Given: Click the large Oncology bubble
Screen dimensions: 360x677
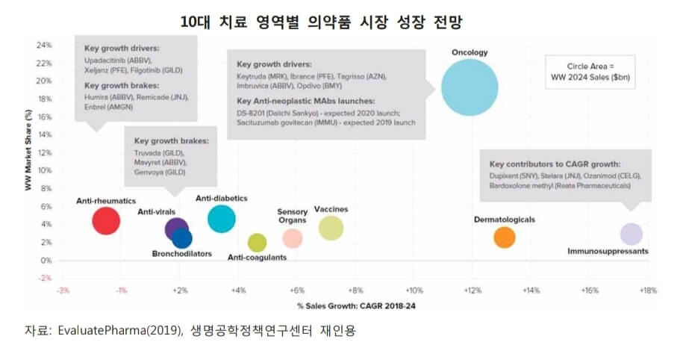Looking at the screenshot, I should [469, 87].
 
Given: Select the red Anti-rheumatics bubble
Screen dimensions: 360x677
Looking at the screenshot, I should [107, 220].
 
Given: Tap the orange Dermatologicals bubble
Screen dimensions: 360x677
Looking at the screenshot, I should [505, 238].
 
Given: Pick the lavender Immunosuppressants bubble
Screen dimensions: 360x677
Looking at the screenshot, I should [631, 234].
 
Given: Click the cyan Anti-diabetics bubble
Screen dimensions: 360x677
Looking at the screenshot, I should [222, 219].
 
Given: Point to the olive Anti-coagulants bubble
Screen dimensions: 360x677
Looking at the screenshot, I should [257, 242].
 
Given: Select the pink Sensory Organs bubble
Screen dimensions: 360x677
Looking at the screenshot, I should [293, 238].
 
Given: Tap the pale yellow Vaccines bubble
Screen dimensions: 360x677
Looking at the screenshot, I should [331, 228].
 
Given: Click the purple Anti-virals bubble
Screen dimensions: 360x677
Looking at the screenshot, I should [176, 229].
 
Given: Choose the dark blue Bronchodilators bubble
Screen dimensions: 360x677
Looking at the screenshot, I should [182, 238].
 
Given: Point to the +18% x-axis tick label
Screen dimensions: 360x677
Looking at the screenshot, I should [646, 290].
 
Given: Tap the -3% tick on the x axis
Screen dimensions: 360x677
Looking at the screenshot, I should [64, 290].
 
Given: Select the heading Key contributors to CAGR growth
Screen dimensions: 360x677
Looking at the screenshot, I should [555, 164].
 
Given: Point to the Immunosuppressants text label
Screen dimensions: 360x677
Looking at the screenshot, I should [608, 252].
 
